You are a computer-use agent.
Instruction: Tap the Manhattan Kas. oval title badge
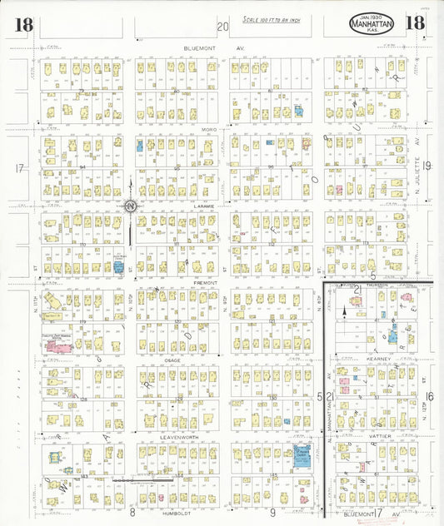tap(371, 25)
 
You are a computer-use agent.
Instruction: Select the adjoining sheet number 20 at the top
tap(222, 27)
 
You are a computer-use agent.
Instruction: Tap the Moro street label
tap(207, 130)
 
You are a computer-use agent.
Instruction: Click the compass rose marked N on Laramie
tap(131, 206)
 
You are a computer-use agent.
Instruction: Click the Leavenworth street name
tap(177, 435)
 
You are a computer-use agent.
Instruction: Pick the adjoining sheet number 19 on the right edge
tap(427, 167)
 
